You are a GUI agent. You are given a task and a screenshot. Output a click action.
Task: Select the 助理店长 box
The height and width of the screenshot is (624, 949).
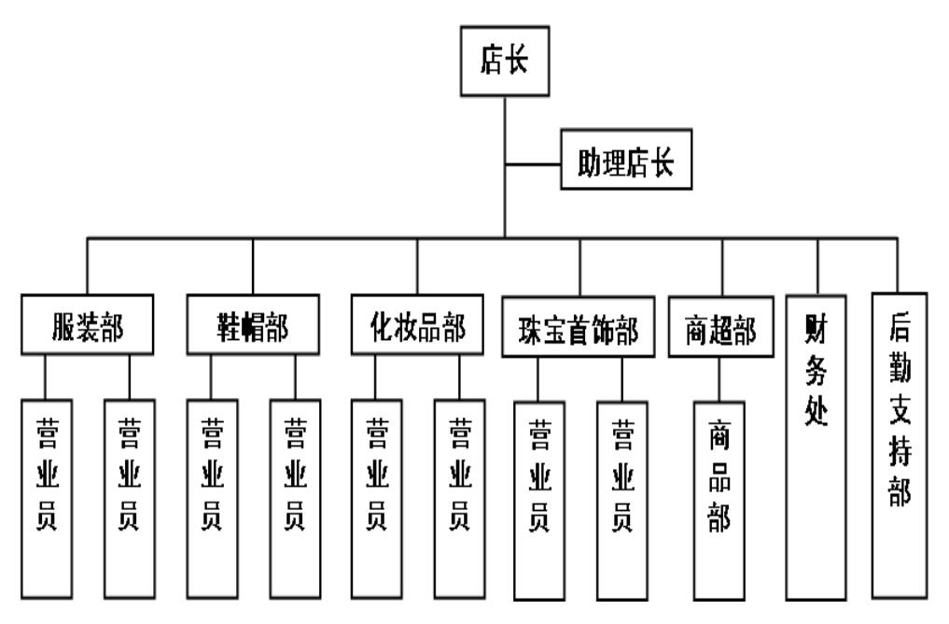coord(626,165)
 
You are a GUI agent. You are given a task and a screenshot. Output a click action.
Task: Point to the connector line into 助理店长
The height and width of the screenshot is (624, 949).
coord(533,165)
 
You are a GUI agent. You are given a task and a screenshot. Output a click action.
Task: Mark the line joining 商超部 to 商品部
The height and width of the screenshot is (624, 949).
coord(719,378)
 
